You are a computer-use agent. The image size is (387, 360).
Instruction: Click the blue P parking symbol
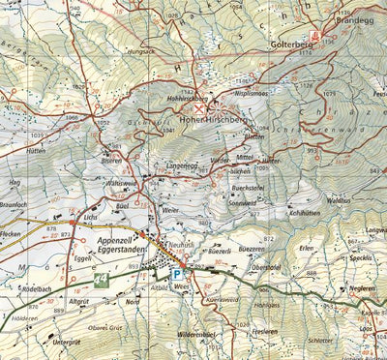pyautogui.click(x=177, y=276)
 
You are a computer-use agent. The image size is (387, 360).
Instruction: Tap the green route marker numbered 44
pyautogui.click(x=101, y=281)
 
